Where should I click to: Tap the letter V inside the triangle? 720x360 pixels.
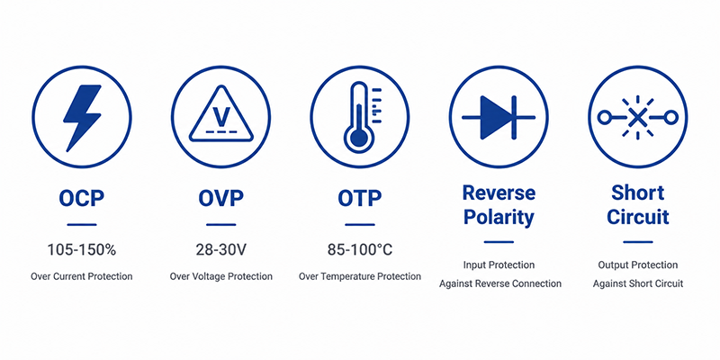(221, 117)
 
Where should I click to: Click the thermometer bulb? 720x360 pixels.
(358, 138)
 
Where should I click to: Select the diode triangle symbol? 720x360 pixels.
(496, 117)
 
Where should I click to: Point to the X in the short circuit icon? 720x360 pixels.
(637, 118)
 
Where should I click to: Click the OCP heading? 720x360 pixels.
(82, 198)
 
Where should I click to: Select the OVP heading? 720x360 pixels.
(220, 198)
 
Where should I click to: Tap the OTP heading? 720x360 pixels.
(359, 198)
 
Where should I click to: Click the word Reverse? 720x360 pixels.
(499, 193)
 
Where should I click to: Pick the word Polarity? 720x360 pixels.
(499, 217)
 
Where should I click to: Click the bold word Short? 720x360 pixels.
(638, 193)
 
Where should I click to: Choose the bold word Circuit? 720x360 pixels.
(638, 217)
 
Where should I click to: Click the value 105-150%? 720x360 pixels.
(82, 250)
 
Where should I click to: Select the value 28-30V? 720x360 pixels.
(220, 250)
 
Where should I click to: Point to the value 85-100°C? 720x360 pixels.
(360, 250)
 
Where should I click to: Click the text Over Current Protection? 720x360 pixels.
(82, 276)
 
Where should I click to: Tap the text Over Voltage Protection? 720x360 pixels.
(220, 276)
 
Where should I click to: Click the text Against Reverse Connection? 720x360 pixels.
(500, 283)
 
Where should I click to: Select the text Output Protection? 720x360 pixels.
(638, 265)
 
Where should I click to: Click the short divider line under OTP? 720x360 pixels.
(360, 225)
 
